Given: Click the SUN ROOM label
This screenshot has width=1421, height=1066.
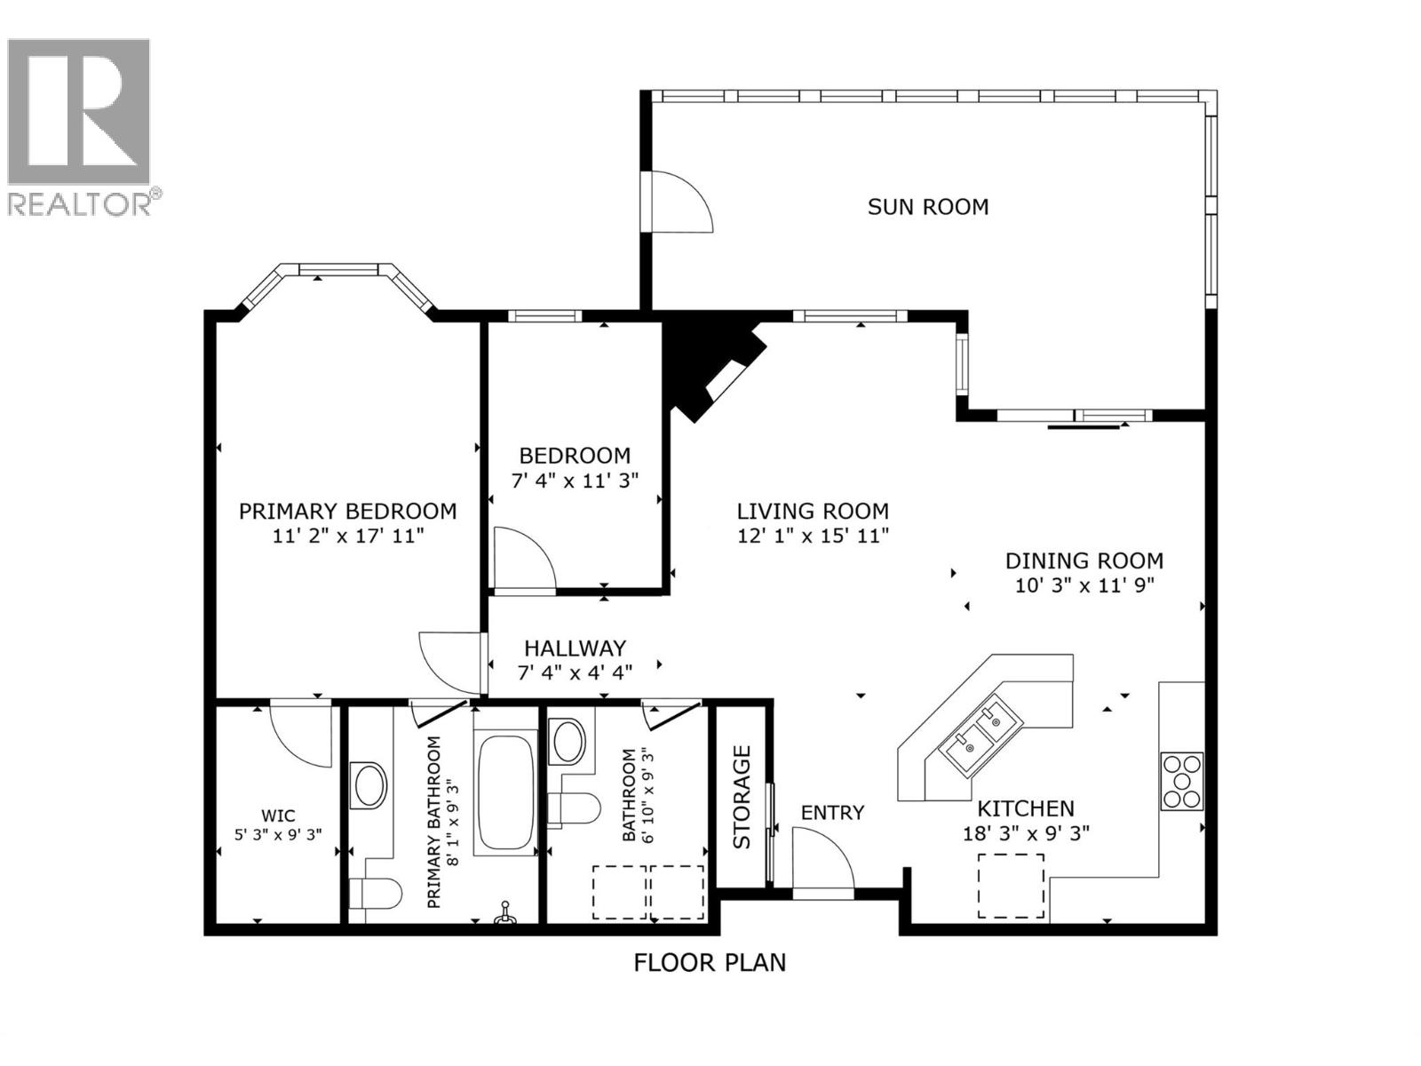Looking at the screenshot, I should point(927,207).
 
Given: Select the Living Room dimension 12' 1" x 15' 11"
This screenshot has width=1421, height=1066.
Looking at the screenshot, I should point(813,536).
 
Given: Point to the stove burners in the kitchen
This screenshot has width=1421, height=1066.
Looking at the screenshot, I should point(1181,781).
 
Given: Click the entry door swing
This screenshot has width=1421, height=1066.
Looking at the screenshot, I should point(821,857).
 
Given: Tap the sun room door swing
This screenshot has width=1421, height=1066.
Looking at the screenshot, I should point(679,202).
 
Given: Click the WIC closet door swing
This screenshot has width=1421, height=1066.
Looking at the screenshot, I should point(302,734).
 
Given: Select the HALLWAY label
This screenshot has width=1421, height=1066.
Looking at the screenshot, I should point(575,648).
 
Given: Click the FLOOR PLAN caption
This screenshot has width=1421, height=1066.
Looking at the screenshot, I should point(710,962).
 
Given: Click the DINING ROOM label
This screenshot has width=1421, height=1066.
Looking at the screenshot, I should point(1084,561).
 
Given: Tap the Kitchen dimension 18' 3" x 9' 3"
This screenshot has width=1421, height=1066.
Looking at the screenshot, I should point(1026,833).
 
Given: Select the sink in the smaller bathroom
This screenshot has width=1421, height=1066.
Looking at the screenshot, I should point(568,741).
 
